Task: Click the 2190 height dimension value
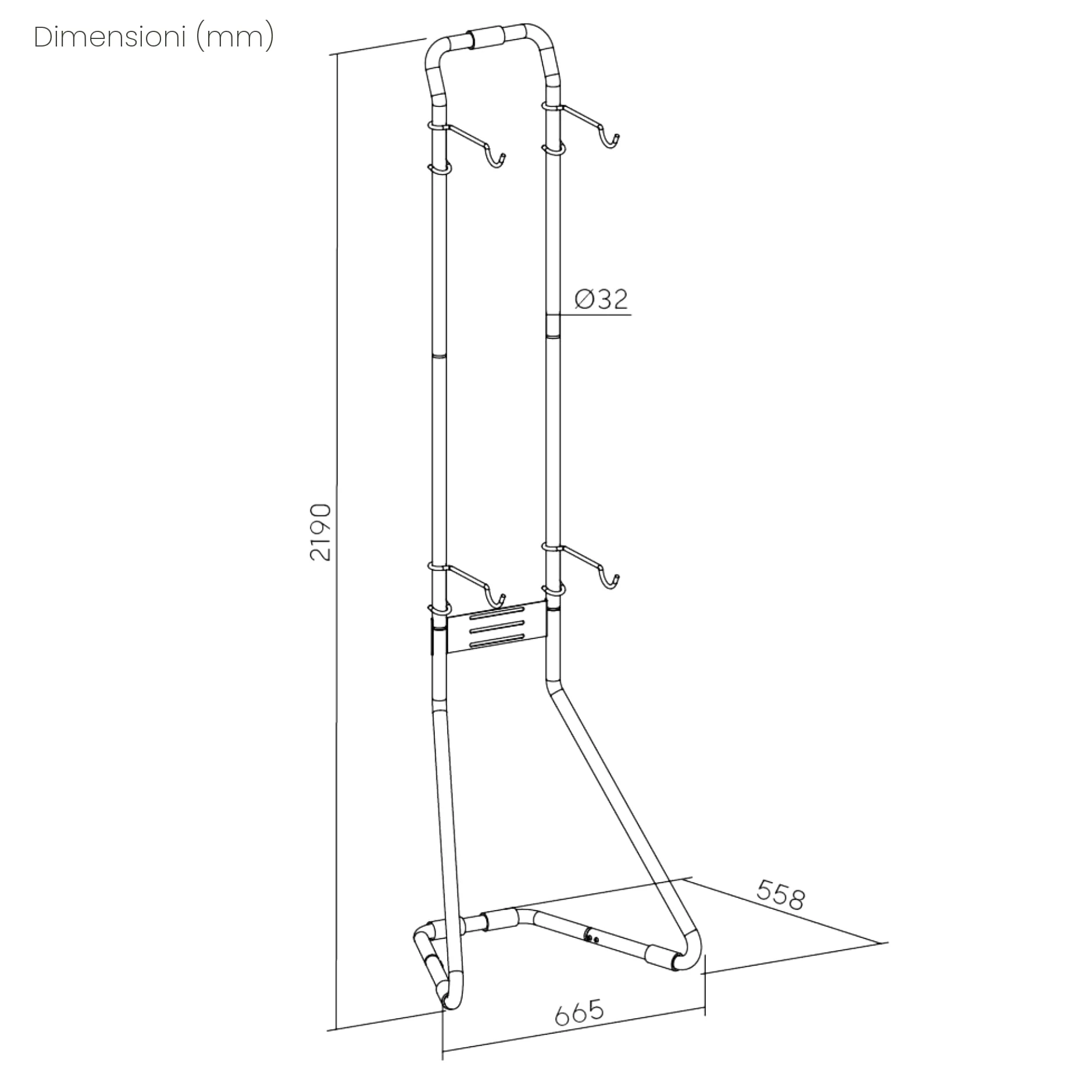320,532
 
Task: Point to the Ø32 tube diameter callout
601,299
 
